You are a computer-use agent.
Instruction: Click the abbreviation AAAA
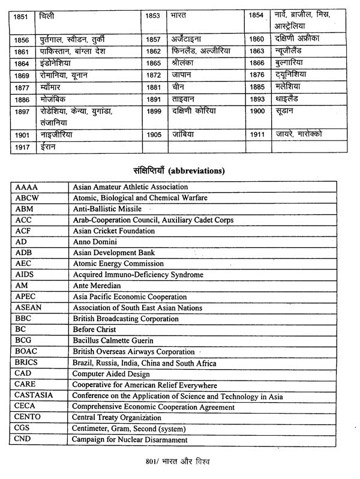[x=25, y=187]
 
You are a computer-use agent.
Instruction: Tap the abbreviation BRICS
[x=28, y=363]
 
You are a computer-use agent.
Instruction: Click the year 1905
[x=154, y=134]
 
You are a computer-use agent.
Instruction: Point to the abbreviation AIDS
[x=25, y=275]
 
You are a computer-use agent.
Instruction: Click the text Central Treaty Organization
[x=117, y=418]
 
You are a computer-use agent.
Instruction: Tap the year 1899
[x=154, y=112]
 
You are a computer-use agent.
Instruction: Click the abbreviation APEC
[x=25, y=297]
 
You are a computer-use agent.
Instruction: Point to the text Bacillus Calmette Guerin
[x=113, y=341]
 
